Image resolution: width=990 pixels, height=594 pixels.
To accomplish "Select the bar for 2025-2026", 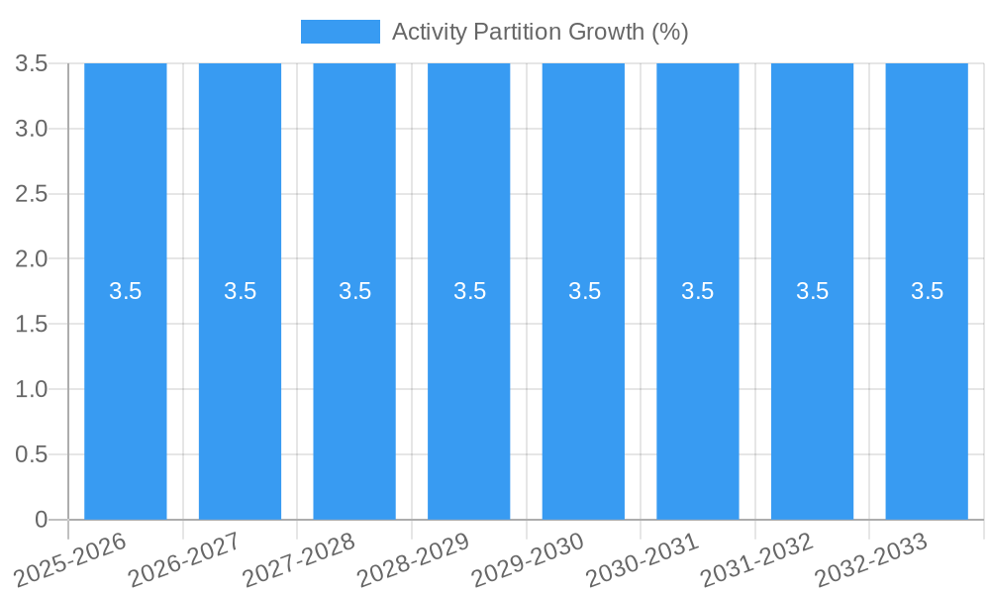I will coord(125,396).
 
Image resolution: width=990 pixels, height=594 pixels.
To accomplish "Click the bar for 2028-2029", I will coord(469,396).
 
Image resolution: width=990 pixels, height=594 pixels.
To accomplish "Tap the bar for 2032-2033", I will coord(927,396).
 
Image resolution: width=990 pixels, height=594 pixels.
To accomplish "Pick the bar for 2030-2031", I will coord(698,396).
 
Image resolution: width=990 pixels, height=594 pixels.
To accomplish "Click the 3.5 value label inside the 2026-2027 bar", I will coord(240,291).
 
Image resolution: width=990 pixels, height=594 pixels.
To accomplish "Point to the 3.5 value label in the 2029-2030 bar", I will coord(584,291).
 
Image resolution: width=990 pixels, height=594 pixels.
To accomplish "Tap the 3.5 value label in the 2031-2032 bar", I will coord(813,291).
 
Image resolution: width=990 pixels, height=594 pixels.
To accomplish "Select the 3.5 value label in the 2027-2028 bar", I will coord(354,291).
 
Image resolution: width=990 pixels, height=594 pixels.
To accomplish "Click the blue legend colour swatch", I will coord(340,32).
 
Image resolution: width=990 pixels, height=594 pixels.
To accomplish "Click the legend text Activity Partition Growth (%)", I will coord(540,32).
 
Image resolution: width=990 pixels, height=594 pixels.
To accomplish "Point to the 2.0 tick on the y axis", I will coord(32,259).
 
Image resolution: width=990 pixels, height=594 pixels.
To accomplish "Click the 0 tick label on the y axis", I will coord(41,520).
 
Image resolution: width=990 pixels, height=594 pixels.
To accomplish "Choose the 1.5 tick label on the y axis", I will coord(32,325).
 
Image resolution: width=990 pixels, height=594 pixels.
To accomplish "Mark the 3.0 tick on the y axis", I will coord(32,129).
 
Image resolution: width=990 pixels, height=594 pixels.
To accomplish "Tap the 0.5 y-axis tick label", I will coord(32,454).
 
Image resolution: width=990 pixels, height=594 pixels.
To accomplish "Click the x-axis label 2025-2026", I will coord(72,557).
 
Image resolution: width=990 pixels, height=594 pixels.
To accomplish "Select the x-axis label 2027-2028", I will coord(301,557).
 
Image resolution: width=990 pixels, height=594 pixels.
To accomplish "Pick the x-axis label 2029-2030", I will coord(530,557).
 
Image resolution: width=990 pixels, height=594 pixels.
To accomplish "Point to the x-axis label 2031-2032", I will coord(758,557).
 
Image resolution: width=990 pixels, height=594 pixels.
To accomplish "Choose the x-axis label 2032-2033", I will coord(872,557).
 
